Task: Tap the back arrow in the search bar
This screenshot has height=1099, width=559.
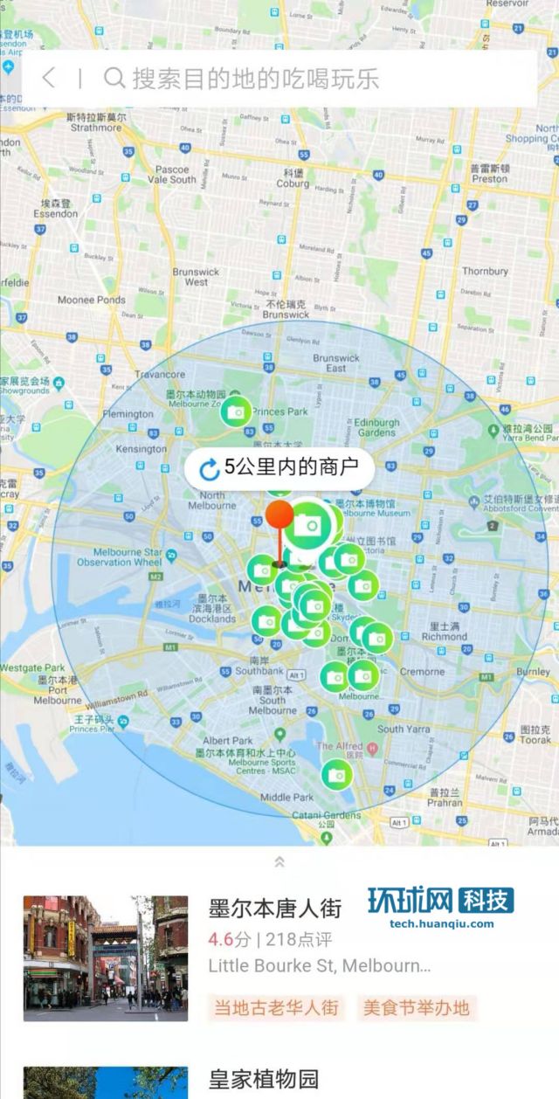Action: tap(49, 78)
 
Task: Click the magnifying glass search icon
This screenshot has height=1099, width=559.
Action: tap(114, 78)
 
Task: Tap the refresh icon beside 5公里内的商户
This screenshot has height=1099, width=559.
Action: tap(210, 470)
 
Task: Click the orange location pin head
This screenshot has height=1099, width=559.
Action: tap(279, 515)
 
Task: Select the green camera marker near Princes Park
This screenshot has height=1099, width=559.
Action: tap(235, 411)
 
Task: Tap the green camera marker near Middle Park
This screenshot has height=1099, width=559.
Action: tap(335, 773)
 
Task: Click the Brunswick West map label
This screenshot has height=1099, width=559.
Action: tap(196, 277)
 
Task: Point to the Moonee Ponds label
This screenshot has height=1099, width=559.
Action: tap(92, 300)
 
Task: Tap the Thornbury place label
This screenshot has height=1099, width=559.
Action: tap(485, 271)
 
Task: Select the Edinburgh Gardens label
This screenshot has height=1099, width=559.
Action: tap(376, 427)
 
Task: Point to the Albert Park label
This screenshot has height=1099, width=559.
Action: tap(228, 740)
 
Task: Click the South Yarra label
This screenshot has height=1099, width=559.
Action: tap(404, 728)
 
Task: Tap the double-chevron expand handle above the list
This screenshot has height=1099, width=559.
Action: tap(279, 861)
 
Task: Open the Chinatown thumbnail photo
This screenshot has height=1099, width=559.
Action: tap(105, 957)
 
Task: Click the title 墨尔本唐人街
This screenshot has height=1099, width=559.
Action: tap(274, 908)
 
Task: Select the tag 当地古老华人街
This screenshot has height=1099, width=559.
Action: tap(276, 1007)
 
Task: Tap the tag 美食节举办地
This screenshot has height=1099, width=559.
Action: tap(416, 1007)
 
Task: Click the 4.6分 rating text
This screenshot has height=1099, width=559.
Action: tap(229, 940)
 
